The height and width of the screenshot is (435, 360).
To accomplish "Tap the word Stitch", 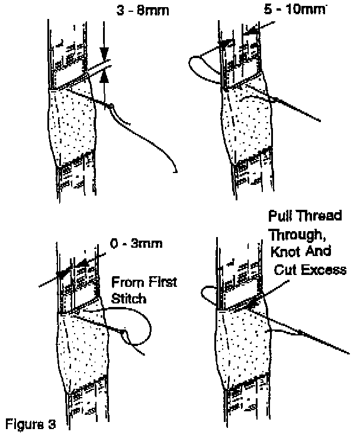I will (128, 299).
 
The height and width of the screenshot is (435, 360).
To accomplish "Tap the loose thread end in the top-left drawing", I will (176, 171).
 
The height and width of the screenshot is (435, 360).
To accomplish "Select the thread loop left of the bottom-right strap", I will (209, 293).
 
